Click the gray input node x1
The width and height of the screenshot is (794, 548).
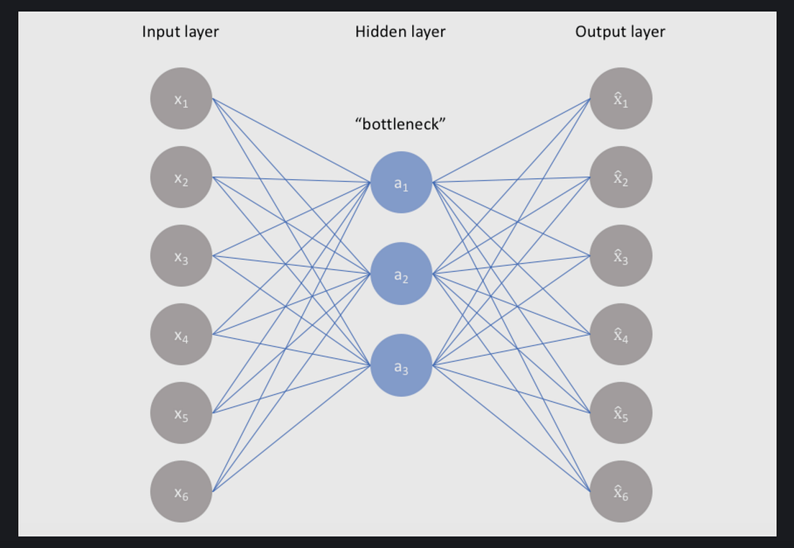pos(181,99)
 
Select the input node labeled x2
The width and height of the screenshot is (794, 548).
pos(181,177)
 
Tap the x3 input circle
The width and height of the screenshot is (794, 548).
pos(181,256)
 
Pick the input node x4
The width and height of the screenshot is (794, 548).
pos(181,334)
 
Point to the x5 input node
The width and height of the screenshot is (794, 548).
pos(181,414)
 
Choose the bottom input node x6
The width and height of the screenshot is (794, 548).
pos(181,492)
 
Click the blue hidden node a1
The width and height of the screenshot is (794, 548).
pos(401,183)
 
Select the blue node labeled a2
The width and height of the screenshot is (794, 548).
pos(401,274)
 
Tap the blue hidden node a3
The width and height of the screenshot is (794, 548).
pos(401,366)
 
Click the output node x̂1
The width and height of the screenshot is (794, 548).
pos(621,99)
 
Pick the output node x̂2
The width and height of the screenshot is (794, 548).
pos(621,177)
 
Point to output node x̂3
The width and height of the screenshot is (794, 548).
pos(621,256)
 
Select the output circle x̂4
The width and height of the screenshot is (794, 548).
pos(621,334)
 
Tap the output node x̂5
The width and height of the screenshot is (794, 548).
pos(621,414)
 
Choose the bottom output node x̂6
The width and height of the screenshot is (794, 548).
pos(621,492)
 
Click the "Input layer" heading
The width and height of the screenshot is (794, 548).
pos(181,32)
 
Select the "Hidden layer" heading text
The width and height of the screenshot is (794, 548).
pos(400,32)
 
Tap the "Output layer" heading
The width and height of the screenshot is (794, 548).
pos(620,32)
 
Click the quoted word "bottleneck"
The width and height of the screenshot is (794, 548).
pos(401,124)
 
